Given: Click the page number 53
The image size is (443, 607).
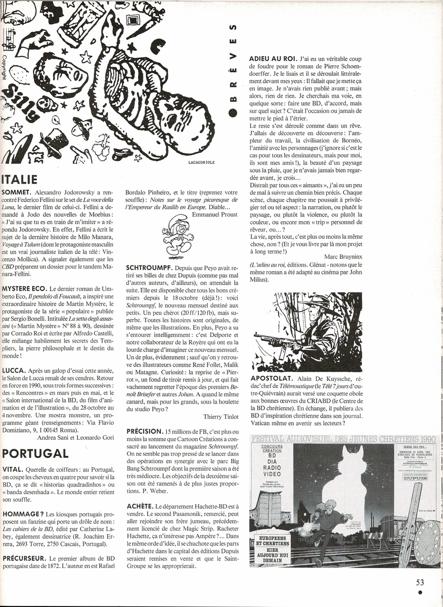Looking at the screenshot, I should tap(419, 583).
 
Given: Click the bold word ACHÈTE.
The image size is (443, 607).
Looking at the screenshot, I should tap(140, 506).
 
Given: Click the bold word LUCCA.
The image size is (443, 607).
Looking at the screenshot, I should tap(14, 370).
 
